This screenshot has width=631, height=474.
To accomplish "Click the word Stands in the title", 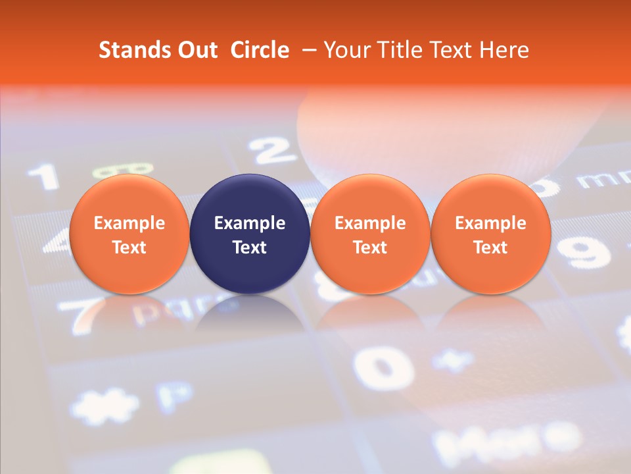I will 130,50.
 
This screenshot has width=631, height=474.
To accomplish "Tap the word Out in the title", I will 195,50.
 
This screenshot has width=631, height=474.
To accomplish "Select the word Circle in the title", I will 260,50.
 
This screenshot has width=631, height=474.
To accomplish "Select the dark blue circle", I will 250,234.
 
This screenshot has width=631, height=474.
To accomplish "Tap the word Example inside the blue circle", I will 250,223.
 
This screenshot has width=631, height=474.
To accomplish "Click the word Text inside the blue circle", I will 250,248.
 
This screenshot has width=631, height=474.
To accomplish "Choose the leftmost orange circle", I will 129,234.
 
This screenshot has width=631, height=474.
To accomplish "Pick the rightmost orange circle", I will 490,234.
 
